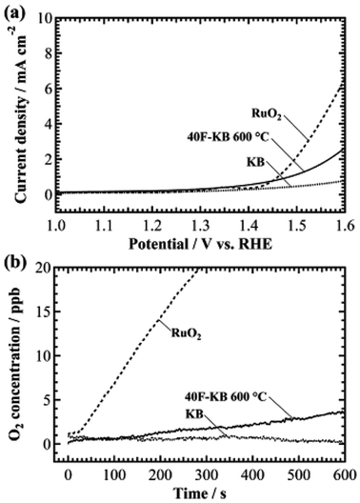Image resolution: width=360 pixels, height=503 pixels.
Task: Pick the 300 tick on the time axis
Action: click(x=204, y=474)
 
